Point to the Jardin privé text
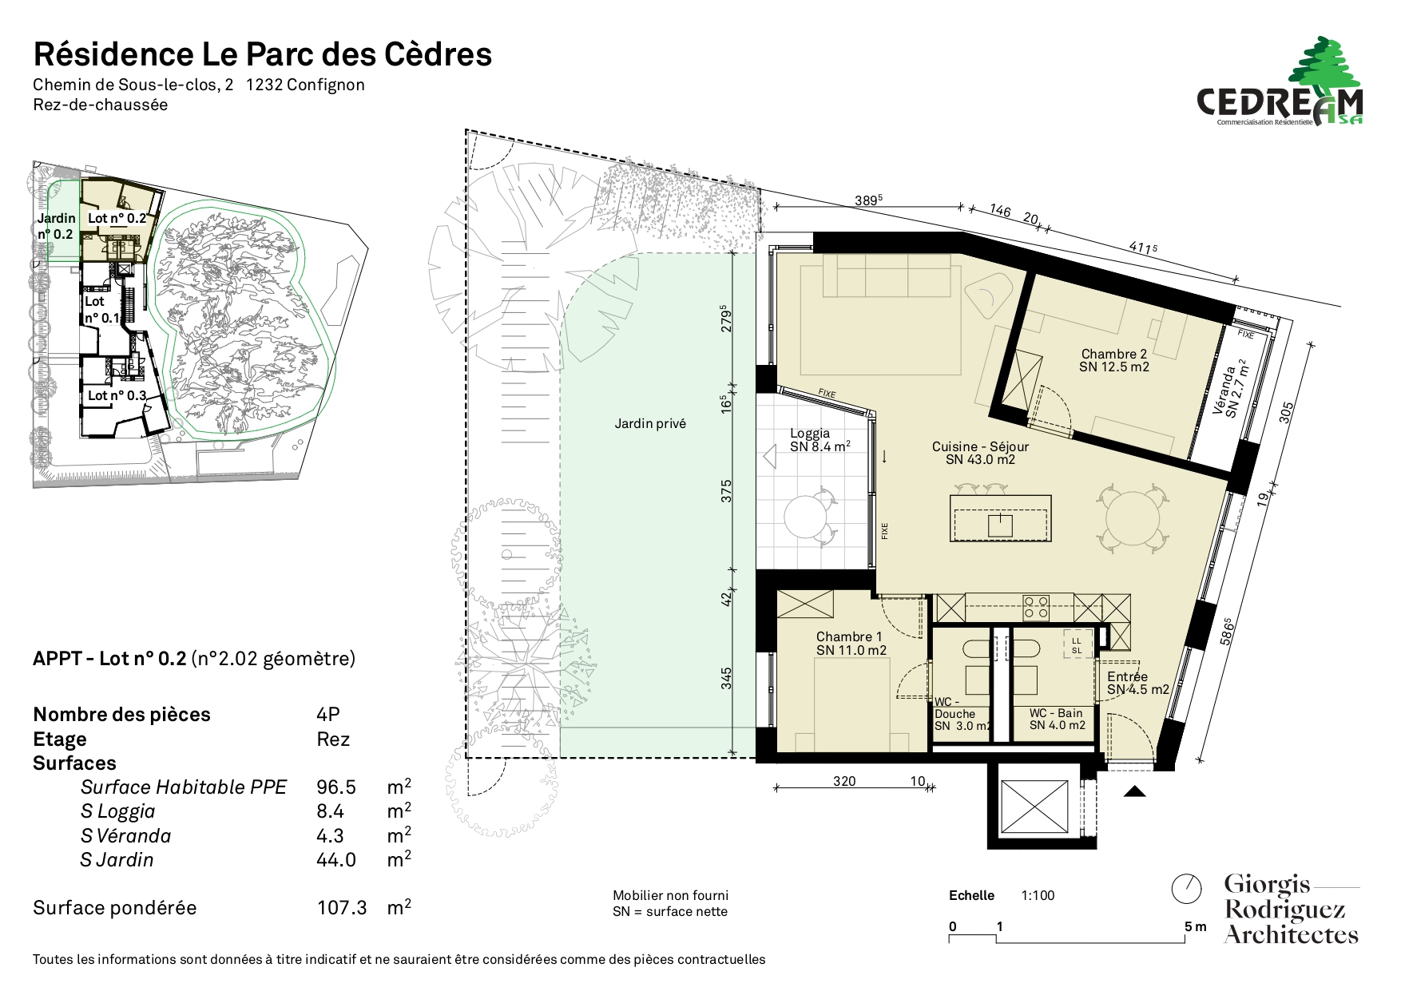coord(650,424)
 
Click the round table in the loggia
coord(809,517)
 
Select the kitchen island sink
coord(1000,525)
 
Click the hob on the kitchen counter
coord(1037,608)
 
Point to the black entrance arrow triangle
coord(1135,791)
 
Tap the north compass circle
coord(1186,888)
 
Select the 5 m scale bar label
coord(1196,926)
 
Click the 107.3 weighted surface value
coord(342,908)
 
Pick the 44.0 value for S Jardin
coord(336,860)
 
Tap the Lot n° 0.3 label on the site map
coord(117,395)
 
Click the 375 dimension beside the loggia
coord(727,491)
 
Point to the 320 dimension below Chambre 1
coord(844,781)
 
